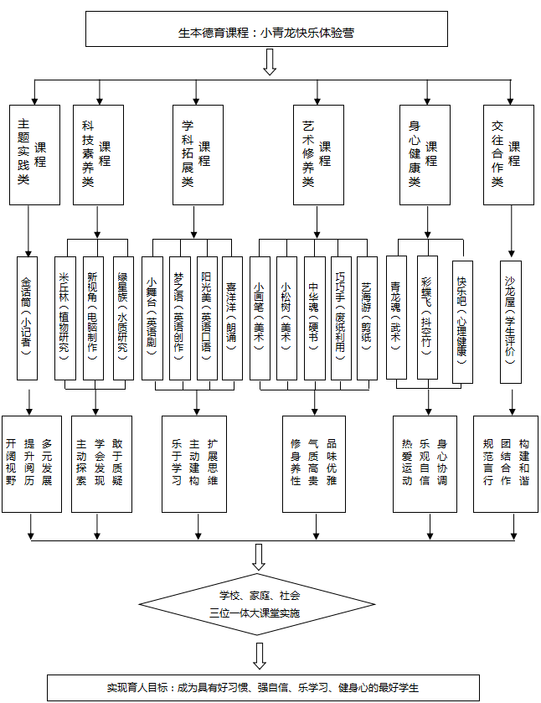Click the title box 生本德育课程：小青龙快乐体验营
[x=266, y=33]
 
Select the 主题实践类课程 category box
[x=34, y=154]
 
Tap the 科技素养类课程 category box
[x=97, y=154]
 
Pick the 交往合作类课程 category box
[x=508, y=154]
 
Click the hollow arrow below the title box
[x=270, y=61]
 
